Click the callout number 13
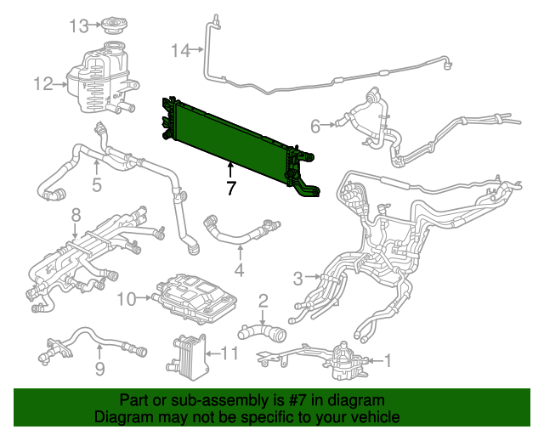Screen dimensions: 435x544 coord(79,25)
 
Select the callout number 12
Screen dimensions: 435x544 coord(43,83)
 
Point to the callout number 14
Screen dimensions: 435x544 coord(180,51)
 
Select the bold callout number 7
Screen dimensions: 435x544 coord(230,188)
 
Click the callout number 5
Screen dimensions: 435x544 coord(97,184)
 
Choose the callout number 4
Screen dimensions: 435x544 coord(240,271)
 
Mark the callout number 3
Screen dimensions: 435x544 coord(298,278)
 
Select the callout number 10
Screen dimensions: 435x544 coord(126,298)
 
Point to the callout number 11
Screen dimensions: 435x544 coord(230,353)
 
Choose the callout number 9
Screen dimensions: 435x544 coord(99,369)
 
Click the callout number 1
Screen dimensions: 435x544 coord(388,361)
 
